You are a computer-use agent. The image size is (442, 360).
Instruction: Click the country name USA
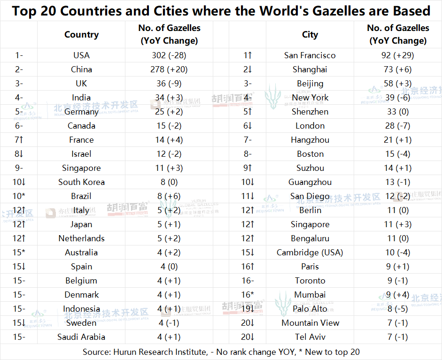81,55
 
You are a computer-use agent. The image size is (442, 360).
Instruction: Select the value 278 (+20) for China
169,69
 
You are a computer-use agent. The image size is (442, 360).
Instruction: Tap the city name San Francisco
310,55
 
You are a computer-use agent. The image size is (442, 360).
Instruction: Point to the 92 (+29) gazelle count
398,55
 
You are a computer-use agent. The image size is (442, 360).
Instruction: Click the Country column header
81,34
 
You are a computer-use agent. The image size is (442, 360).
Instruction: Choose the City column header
310,34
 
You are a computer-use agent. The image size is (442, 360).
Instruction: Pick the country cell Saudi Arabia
81,337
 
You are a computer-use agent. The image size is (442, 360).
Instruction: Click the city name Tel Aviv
310,337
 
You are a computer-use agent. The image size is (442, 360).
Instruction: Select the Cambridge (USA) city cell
310,253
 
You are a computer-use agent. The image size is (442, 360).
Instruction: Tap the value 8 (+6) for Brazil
169,196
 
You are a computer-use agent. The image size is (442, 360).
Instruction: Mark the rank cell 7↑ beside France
19,140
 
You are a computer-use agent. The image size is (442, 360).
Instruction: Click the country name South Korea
81,182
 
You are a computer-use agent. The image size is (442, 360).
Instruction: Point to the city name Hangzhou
310,140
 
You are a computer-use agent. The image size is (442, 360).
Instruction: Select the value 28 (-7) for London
398,126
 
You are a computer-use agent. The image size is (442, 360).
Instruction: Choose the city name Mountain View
310,323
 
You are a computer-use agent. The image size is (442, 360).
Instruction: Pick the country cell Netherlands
81,238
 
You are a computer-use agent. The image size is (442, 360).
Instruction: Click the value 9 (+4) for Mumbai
398,295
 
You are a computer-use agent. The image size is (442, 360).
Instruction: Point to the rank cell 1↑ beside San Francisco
248,55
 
